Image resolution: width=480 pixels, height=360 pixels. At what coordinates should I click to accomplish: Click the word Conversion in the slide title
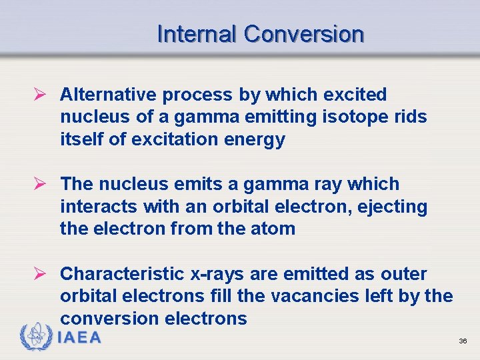[x=304, y=33]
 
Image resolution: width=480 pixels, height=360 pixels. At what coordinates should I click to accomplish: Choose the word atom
[x=273, y=228]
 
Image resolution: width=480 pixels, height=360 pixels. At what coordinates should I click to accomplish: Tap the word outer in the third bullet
[x=403, y=274]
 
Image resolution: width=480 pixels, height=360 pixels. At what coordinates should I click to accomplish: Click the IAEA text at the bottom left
[x=80, y=338]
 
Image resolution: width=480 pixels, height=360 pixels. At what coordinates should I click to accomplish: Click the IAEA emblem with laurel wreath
[x=37, y=337]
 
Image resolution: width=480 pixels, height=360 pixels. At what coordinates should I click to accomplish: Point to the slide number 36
[x=463, y=341]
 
